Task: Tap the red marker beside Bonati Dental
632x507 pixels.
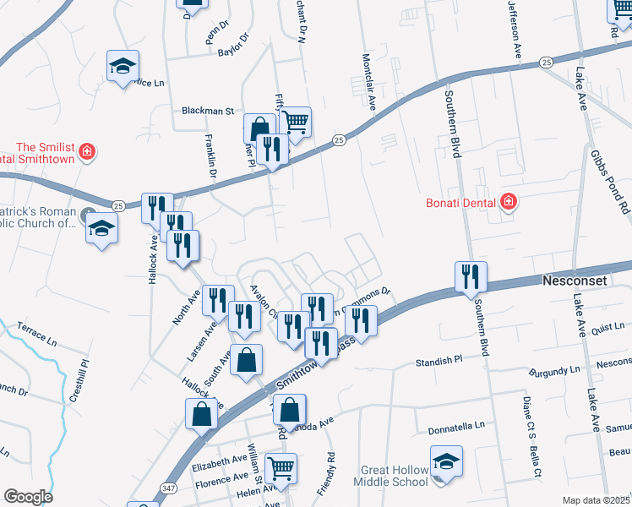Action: click(508, 201)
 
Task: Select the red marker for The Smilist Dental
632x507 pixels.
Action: click(85, 153)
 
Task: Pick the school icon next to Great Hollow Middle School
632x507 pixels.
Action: click(446, 462)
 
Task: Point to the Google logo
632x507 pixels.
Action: click(28, 496)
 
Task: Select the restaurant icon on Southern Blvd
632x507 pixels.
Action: click(471, 277)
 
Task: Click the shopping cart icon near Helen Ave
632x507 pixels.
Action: click(281, 468)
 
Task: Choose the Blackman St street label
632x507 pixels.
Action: click(207, 111)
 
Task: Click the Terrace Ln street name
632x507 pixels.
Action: click(35, 335)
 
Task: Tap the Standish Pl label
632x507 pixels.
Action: click(439, 362)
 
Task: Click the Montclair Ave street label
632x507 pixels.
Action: click(368, 83)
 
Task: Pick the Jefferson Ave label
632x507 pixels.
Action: click(514, 27)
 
